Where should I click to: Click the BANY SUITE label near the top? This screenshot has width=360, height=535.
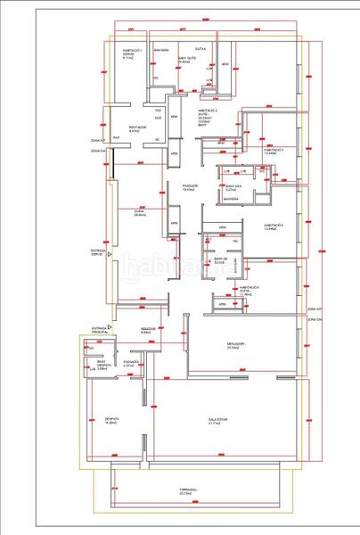pos(185,60)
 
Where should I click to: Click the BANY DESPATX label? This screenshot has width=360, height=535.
pos(102,364)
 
